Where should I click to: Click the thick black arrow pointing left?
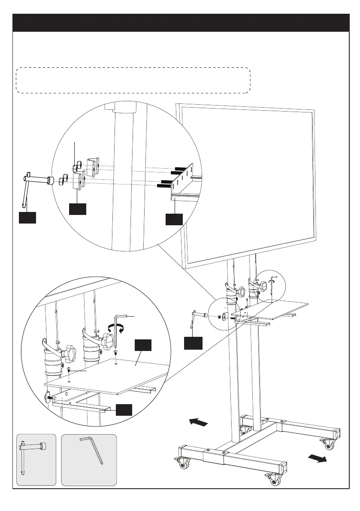pos(199,422)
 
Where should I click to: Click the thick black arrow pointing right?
pos(318,458)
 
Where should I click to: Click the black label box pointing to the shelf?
pos(143,346)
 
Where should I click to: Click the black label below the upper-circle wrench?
pos(27,218)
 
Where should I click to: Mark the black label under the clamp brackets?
pos(78,209)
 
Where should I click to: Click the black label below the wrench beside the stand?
pos(193,343)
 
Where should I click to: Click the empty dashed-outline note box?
pos(133,80)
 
